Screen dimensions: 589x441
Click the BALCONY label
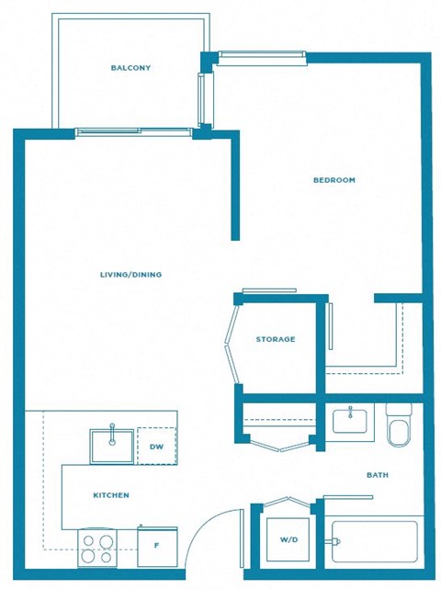pos(130,68)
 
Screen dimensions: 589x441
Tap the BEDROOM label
pos(334,180)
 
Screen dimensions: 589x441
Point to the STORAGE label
pos(276,339)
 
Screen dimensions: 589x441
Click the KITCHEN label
pos(110,495)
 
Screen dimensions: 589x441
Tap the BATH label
pos(377,475)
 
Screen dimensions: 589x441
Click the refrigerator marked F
pos(156,546)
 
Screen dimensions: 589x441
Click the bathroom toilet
pos(399,425)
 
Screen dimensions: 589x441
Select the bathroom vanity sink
pos(349,422)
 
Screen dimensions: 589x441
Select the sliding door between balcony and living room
pos(135,131)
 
